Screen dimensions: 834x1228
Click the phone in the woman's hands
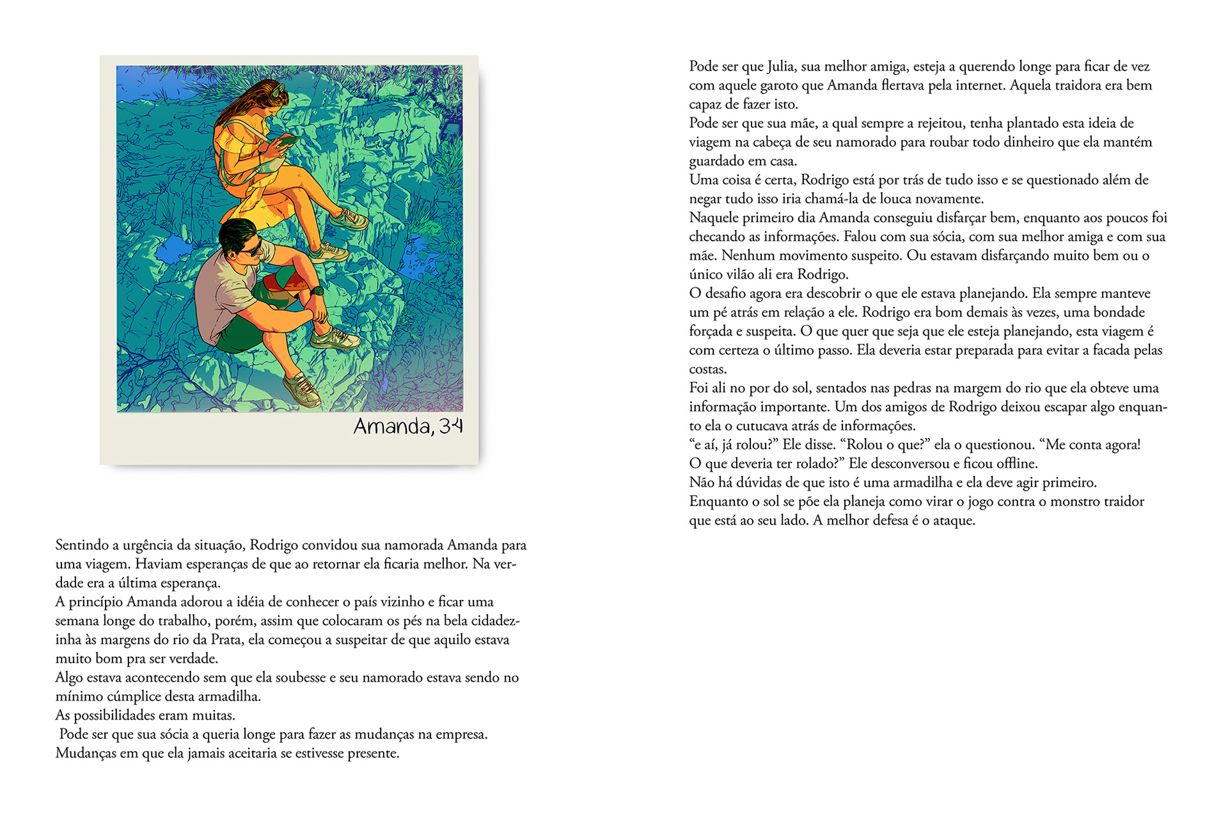coord(287,140)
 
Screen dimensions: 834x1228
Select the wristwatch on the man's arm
coord(317,291)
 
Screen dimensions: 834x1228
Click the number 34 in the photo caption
coord(451,426)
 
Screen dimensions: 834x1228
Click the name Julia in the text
coord(780,67)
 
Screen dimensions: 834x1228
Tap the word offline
coord(1016,463)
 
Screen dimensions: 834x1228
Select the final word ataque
coord(953,521)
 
